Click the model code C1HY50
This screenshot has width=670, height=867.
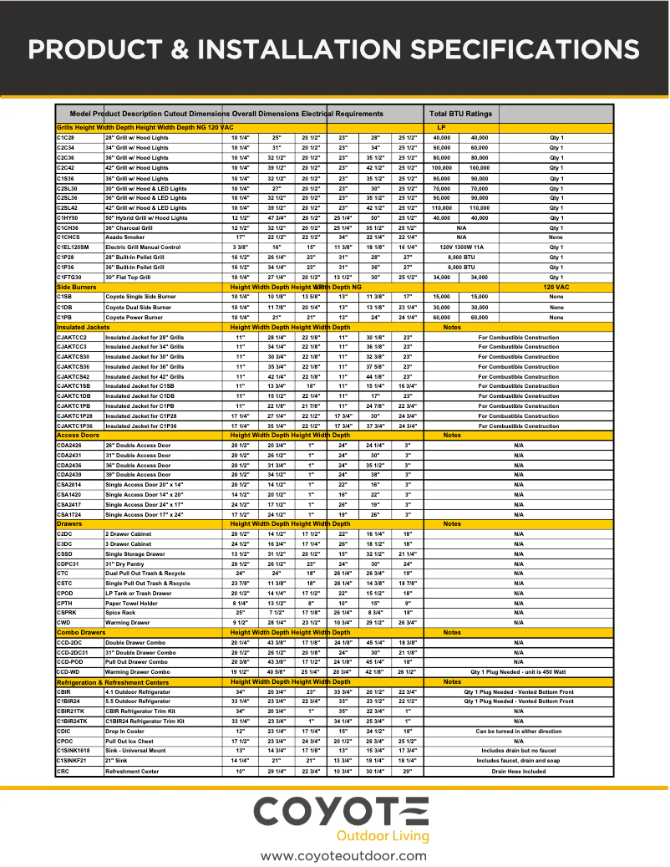pos(69,217)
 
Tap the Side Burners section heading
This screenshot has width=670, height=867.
pos(76,287)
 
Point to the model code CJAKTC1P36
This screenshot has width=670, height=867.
pos(74,426)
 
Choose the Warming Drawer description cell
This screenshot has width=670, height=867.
pos(127,622)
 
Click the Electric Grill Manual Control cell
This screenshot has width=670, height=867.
pos(142,247)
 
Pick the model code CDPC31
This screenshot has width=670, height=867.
pos(69,564)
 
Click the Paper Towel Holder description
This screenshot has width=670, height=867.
pos(131,603)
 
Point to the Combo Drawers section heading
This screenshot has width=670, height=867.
pos(81,633)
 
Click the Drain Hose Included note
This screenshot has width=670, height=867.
pos(518,771)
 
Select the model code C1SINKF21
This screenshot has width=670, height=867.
pos(72,761)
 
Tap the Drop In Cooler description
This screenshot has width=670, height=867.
pos(126,732)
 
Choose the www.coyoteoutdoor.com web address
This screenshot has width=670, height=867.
pos(343,855)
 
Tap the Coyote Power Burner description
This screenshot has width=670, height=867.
pos(135,317)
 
